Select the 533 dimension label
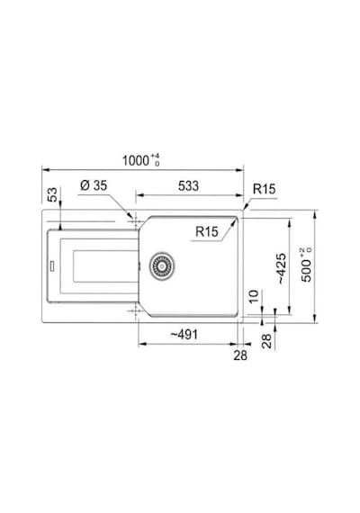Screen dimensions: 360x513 188,185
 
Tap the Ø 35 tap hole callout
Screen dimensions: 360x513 94,185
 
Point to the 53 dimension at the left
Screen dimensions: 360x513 52,194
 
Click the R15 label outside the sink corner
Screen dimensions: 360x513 264,189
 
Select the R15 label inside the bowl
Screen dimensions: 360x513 206,231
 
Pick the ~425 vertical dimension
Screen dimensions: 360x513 282,268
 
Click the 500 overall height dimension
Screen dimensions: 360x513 307,265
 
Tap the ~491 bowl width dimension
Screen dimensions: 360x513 184,335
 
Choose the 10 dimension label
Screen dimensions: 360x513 254,296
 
